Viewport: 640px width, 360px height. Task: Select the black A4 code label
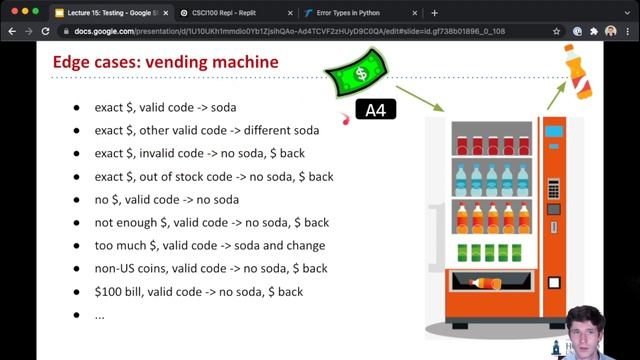376,110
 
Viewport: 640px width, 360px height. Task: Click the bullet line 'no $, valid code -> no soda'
167,199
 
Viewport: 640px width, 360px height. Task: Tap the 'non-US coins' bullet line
211,268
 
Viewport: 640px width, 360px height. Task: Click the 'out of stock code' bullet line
214,176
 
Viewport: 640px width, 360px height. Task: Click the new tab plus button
434,13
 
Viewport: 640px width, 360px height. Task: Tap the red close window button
11,13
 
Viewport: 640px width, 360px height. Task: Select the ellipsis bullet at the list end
99,314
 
